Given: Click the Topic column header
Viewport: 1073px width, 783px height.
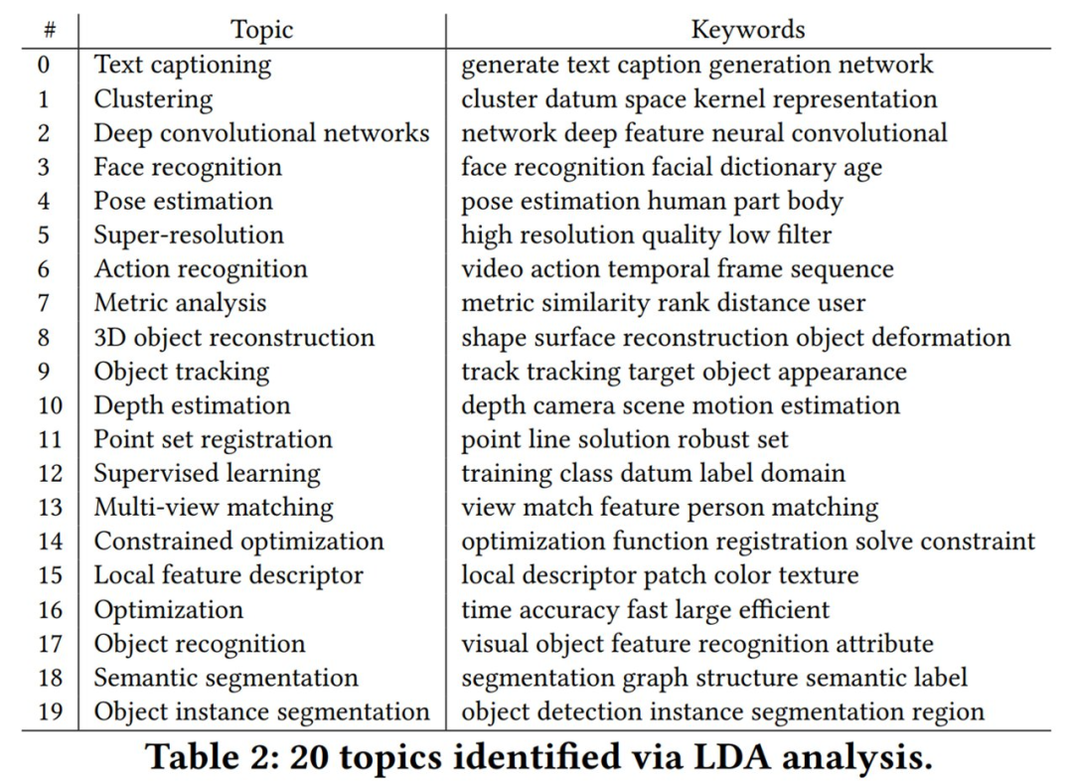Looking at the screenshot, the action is point(262,30).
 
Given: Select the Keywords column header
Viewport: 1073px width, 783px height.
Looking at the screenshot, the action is point(747,30).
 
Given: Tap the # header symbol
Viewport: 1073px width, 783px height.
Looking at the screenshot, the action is point(49,31).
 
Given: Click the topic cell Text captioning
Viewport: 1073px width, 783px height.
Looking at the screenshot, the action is point(182,65).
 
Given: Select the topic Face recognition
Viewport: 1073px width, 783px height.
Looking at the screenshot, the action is point(188,167).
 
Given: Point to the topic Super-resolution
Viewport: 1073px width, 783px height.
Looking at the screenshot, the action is point(189,235).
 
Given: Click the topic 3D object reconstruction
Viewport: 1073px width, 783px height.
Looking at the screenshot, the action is point(233,338).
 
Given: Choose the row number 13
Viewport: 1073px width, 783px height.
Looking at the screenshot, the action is point(49,508).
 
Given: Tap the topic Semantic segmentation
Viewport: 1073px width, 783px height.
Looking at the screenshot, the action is point(226,678).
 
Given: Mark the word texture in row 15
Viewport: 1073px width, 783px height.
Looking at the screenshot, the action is point(822,575).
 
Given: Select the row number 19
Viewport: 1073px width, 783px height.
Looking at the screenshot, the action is point(49,711).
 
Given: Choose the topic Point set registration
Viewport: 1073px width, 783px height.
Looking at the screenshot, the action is point(213,439).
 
